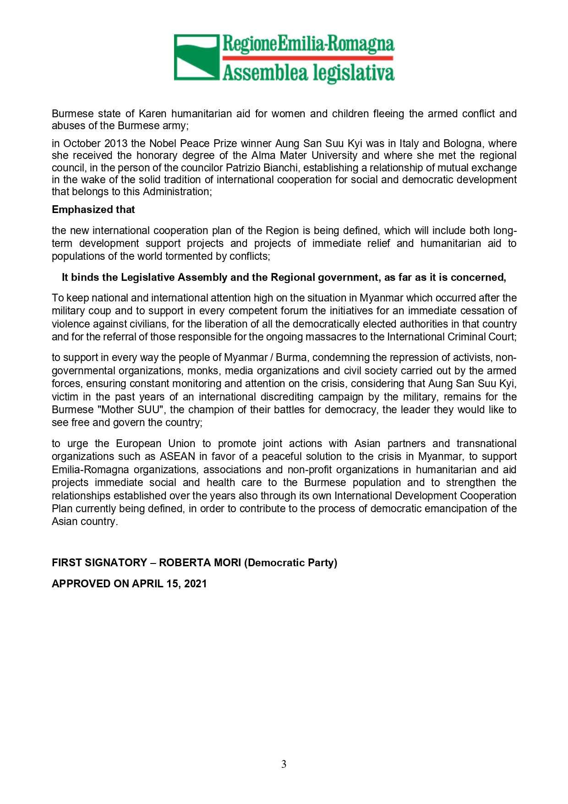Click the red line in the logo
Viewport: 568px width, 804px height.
(x=308, y=58)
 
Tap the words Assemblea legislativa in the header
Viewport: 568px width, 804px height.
(x=308, y=73)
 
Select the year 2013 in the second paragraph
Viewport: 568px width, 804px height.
(x=116, y=143)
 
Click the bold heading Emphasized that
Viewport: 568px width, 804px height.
(x=93, y=210)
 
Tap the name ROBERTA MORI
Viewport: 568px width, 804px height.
(x=200, y=563)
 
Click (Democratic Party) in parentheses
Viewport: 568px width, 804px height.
(x=291, y=563)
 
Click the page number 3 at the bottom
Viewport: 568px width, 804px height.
(x=284, y=764)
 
